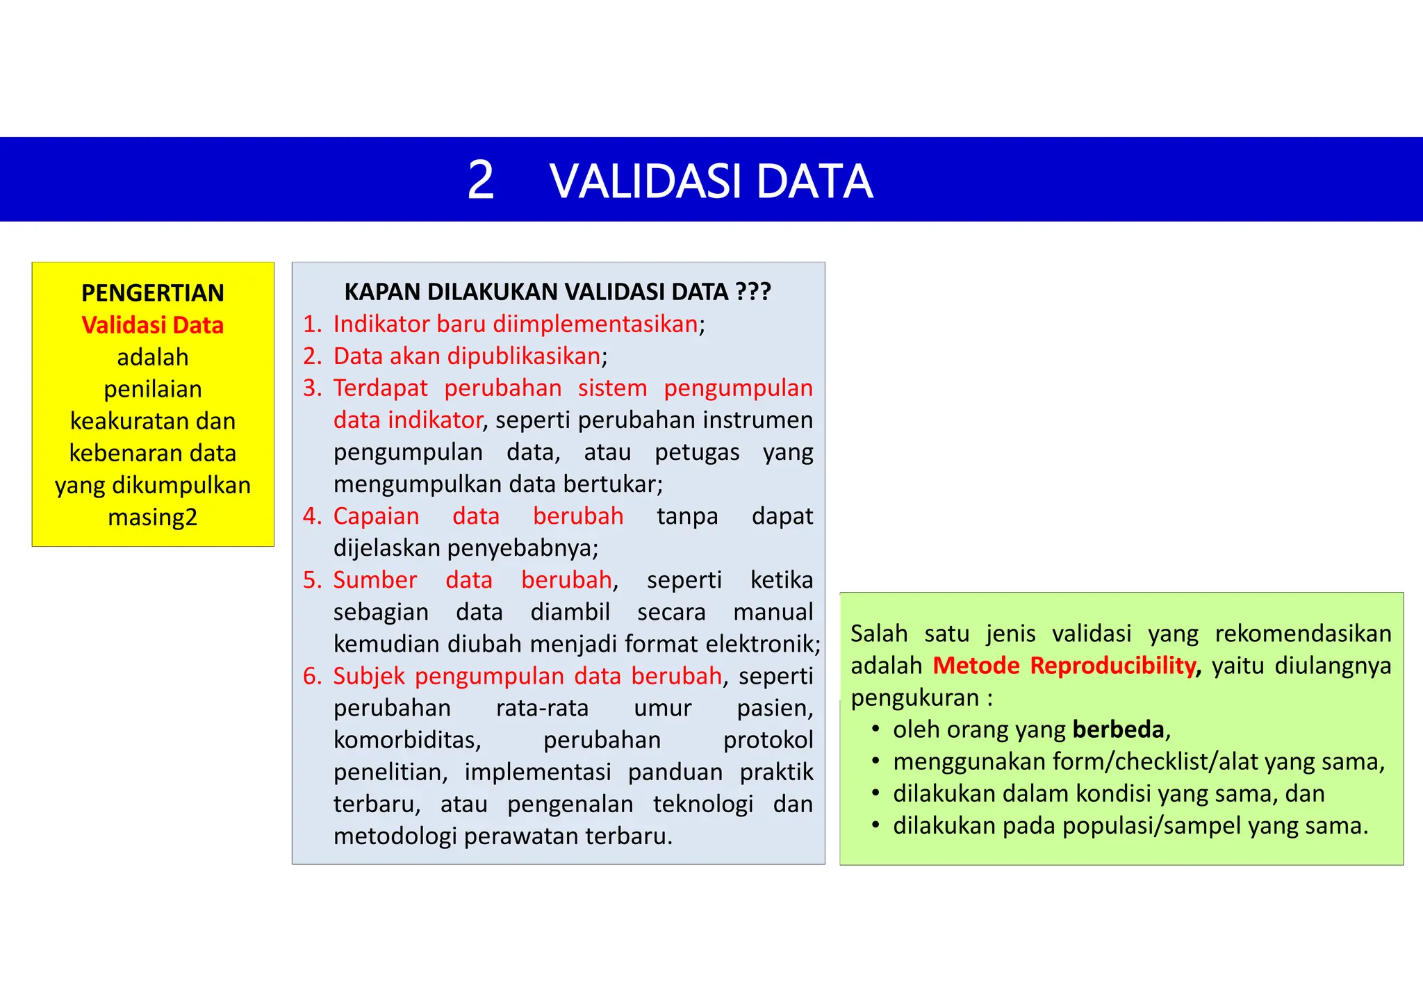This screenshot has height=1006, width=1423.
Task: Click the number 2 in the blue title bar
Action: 481,181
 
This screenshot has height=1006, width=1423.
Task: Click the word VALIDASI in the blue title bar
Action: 646,182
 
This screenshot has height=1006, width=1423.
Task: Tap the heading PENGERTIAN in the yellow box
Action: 153,293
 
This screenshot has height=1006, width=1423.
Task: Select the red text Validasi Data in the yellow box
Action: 153,325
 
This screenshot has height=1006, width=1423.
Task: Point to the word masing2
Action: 153,518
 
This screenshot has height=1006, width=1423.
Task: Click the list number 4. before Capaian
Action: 312,516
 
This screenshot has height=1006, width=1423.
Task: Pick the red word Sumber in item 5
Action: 375,580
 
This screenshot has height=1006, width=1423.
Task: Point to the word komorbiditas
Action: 406,740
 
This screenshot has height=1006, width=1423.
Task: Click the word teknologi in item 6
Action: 702,804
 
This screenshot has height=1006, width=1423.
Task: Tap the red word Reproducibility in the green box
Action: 1112,666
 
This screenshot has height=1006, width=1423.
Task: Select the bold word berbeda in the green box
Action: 1118,729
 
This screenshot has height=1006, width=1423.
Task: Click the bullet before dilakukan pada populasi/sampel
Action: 876,826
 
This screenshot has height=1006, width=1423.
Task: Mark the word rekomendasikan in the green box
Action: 1303,634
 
